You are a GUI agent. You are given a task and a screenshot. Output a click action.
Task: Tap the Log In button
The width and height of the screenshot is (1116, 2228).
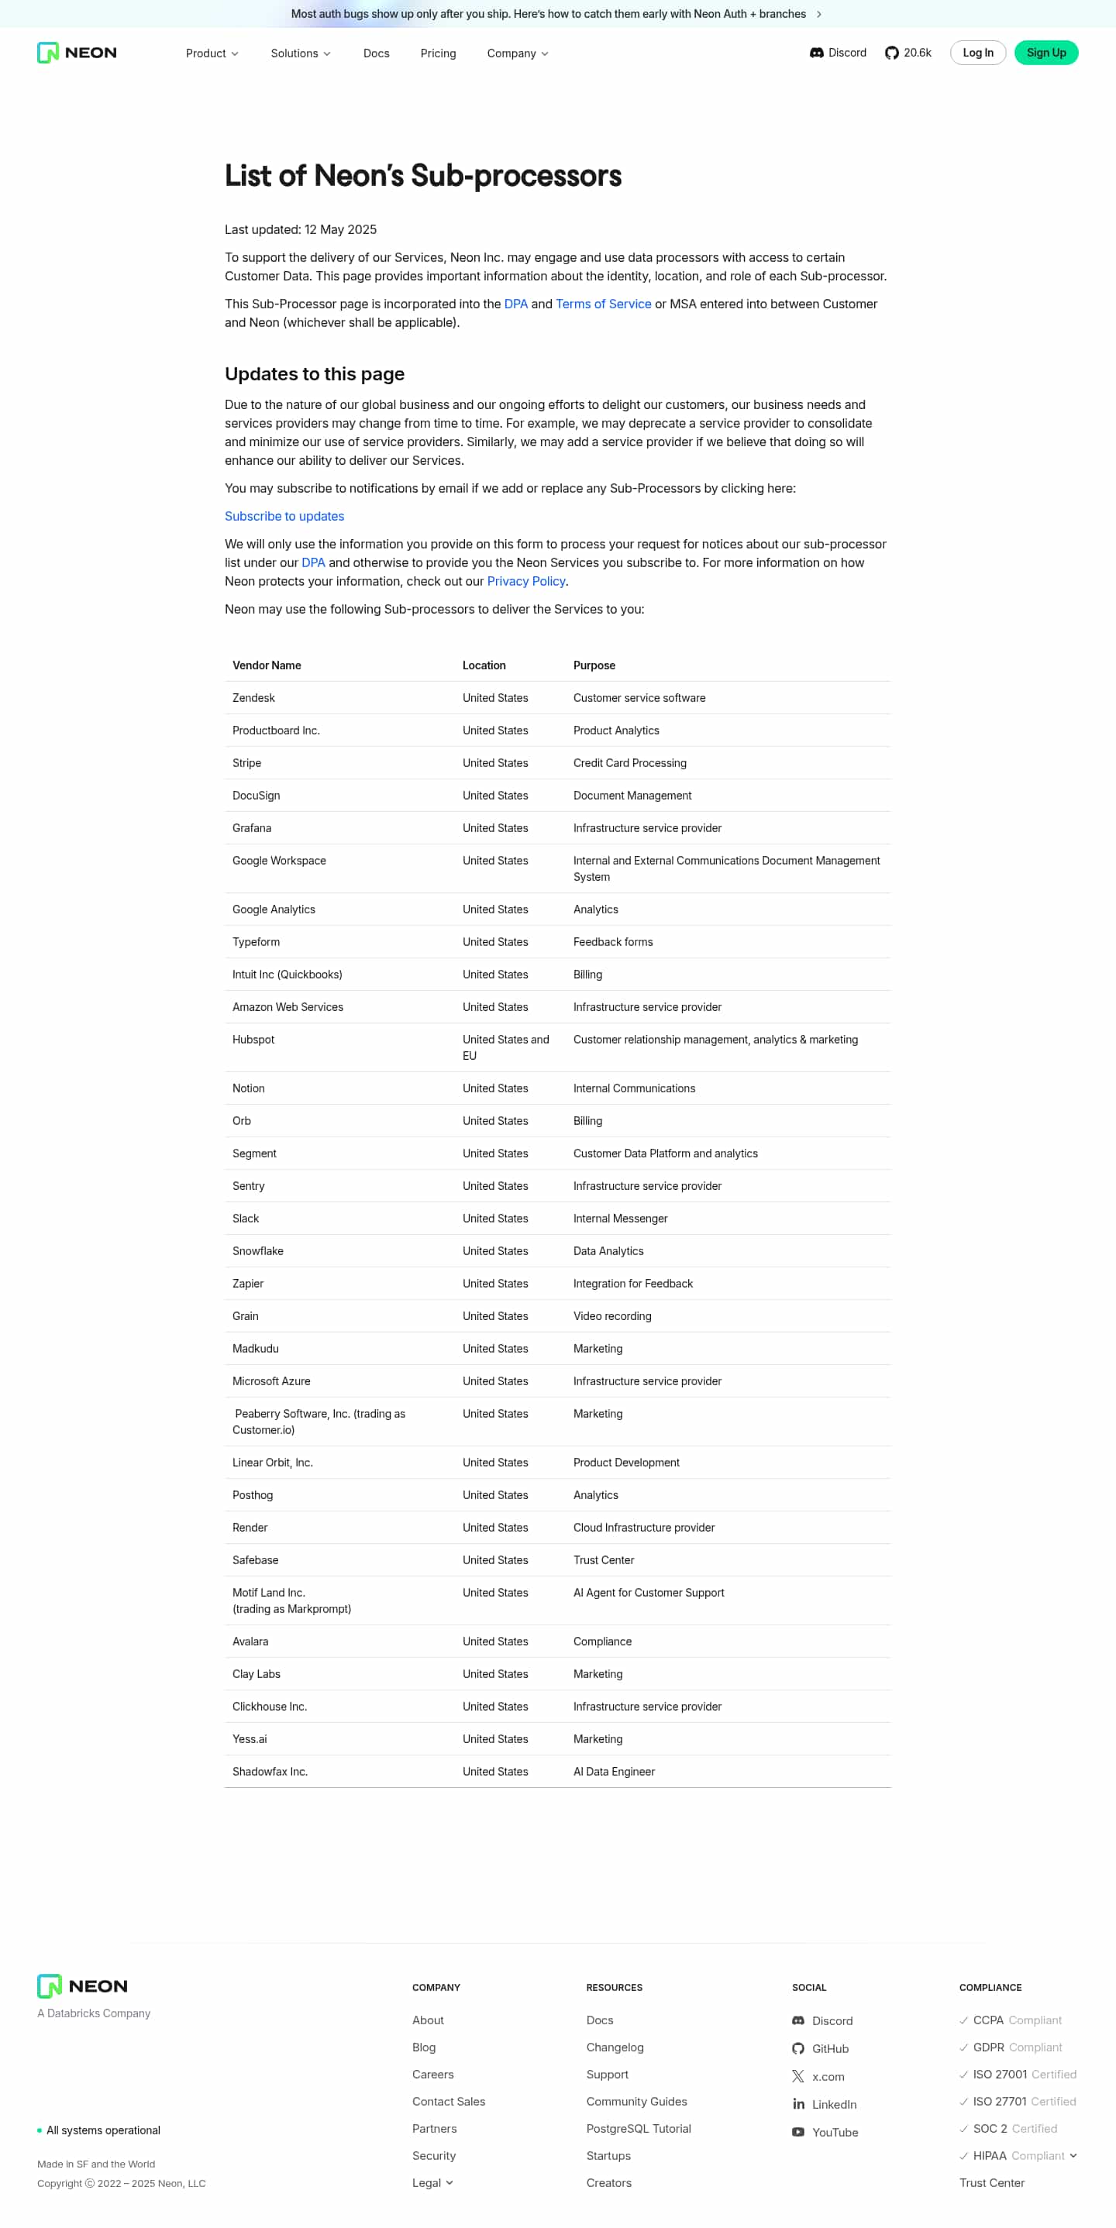pyautogui.click(x=977, y=53)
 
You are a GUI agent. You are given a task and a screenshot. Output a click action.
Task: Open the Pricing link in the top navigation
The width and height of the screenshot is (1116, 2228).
pyautogui.click(x=438, y=53)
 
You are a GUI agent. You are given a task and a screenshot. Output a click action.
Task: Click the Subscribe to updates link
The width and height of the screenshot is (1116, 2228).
pyautogui.click(x=284, y=517)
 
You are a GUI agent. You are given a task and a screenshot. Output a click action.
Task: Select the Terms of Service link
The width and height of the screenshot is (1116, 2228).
pyautogui.click(x=603, y=304)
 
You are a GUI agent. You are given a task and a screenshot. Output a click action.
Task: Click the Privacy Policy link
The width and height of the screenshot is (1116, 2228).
pyautogui.click(x=525, y=581)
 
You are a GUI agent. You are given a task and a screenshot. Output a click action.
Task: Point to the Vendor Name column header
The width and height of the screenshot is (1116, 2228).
pyautogui.click(x=267, y=665)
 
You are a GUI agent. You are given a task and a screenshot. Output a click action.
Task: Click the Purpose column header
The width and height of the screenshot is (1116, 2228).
pyautogui.click(x=594, y=665)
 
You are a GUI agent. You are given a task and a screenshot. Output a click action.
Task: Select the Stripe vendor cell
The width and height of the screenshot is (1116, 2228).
pyautogui.click(x=246, y=763)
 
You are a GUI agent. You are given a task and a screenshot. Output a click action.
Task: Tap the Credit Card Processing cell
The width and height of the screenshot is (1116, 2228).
pyautogui.click(x=629, y=763)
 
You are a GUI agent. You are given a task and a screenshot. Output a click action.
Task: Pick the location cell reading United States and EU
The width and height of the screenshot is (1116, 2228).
pyautogui.click(x=505, y=1047)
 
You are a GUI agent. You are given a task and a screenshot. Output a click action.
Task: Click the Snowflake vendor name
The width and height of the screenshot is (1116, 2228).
pyautogui.click(x=258, y=1250)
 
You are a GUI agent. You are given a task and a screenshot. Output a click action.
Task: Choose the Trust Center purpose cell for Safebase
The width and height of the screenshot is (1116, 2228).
pyautogui.click(x=603, y=1560)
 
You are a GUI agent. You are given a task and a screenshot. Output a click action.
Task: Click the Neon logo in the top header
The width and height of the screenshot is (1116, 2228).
pyautogui.click(x=77, y=53)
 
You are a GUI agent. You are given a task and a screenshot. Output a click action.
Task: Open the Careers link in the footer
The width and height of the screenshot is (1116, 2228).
pyautogui.click(x=432, y=2074)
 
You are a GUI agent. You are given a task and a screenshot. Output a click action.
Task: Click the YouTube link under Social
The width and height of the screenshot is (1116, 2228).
pyautogui.click(x=834, y=2132)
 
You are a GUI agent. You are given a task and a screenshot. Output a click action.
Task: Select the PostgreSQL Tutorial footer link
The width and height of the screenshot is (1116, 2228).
pyautogui.click(x=638, y=2129)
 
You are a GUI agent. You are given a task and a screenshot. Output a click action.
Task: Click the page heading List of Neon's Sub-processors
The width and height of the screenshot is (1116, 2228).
pyautogui.click(x=422, y=176)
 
